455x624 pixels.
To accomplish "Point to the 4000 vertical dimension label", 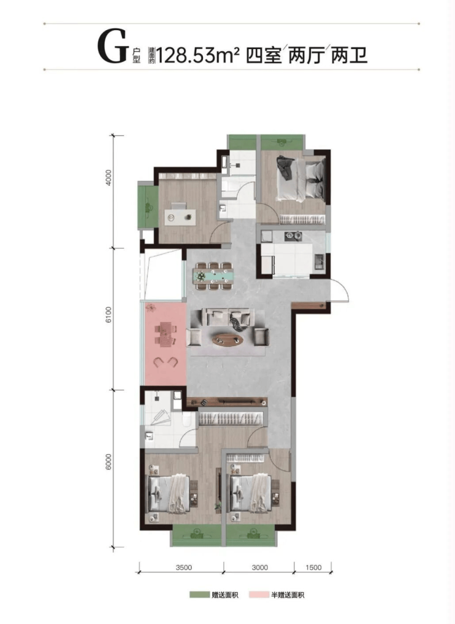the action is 109,179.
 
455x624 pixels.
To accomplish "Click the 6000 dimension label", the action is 109,462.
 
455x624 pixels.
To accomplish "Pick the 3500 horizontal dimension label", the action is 183,567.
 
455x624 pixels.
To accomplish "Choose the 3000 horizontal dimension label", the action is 259,567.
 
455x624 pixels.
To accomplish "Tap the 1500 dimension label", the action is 314,567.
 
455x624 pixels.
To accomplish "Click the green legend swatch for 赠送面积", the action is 199,595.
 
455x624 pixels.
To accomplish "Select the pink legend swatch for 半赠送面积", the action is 258,595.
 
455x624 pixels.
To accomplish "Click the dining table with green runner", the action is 213,275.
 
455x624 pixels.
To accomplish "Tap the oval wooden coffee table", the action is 228,339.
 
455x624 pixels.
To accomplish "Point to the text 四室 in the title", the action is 264,55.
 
